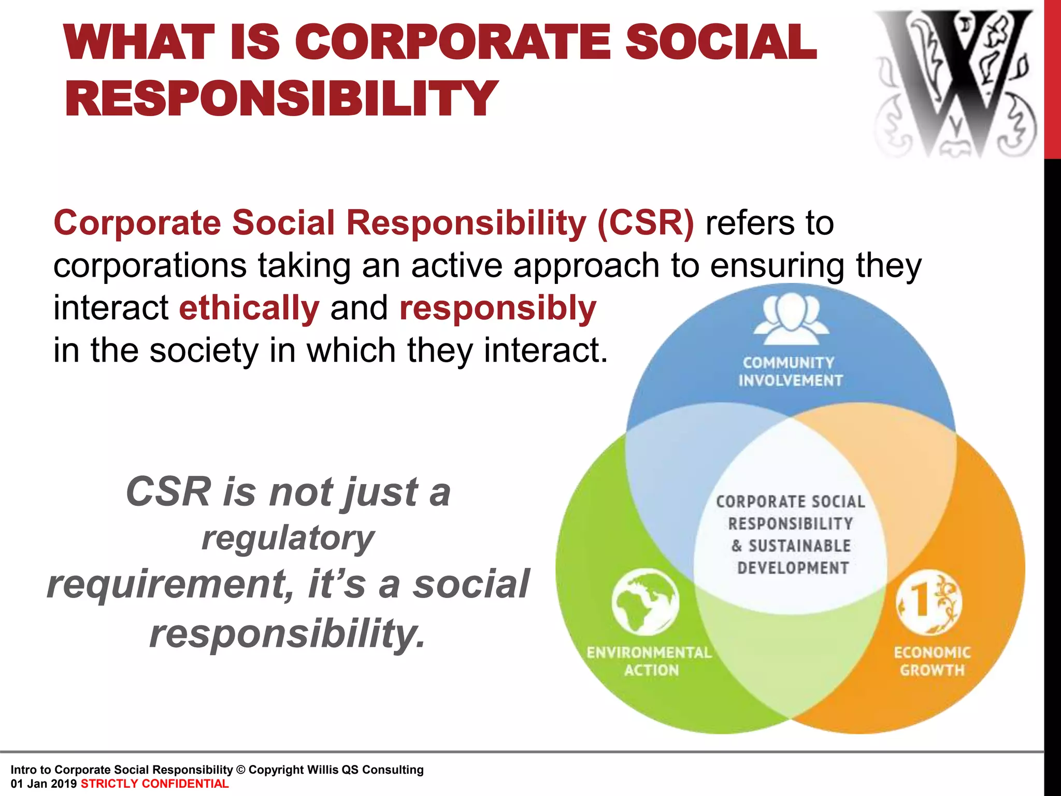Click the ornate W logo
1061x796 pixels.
(955, 83)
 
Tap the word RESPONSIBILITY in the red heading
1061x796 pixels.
(281, 98)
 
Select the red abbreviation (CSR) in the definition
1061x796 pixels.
(645, 223)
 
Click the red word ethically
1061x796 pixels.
(249, 308)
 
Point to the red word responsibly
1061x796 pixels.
(498, 308)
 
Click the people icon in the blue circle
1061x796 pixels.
(791, 318)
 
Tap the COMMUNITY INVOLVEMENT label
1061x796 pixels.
(790, 372)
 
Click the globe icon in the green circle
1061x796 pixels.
(645, 602)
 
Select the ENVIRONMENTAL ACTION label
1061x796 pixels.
(650, 661)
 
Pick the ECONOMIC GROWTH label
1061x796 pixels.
(932, 661)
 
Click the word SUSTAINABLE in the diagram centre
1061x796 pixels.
(799, 546)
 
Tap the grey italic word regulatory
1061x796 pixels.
(288, 538)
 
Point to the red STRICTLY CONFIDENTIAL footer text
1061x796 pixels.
(154, 784)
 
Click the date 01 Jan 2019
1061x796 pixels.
(44, 784)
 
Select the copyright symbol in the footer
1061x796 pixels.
(240, 770)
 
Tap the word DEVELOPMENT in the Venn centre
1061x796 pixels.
(793, 568)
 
